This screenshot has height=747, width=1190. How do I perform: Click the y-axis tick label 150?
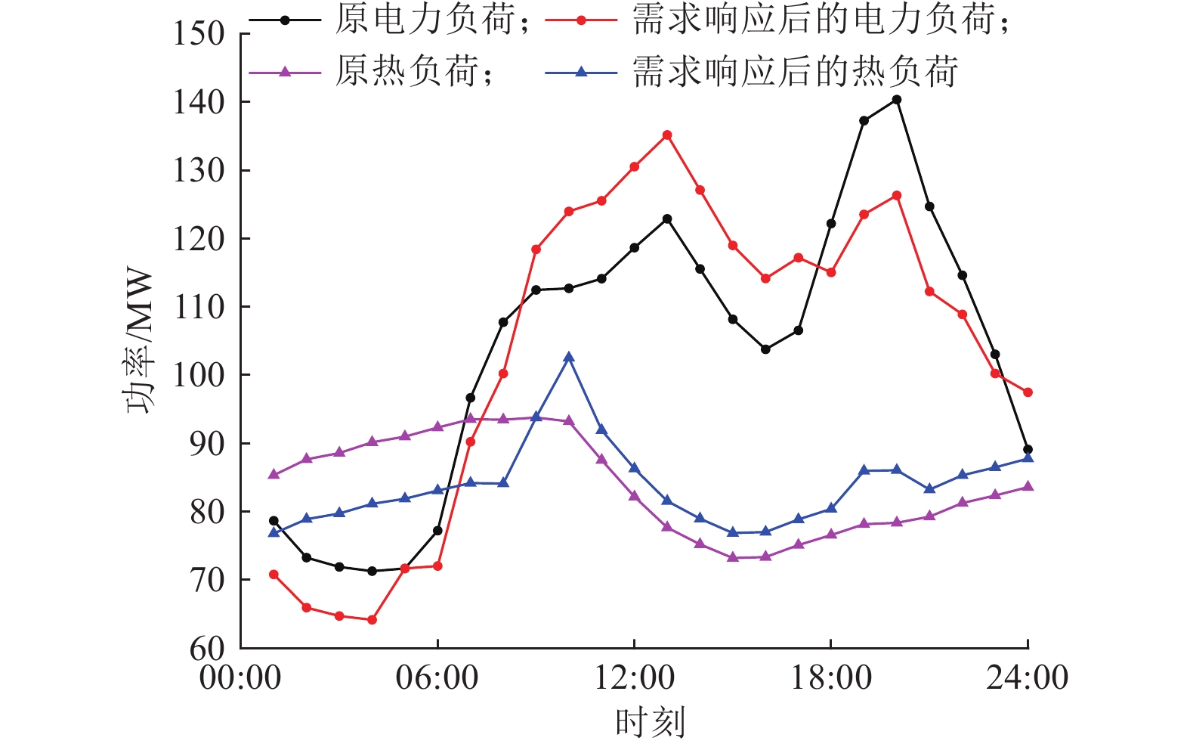point(199,34)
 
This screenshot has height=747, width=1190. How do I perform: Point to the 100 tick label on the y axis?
point(199,375)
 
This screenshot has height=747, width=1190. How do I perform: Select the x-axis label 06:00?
point(437,677)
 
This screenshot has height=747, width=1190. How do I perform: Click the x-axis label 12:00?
point(634,677)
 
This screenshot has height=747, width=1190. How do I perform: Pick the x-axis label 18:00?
point(830,677)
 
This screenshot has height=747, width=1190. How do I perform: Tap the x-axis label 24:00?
point(1028,677)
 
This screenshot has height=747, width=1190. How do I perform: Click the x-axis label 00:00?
point(240,677)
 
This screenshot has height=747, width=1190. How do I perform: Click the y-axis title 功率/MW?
point(140,341)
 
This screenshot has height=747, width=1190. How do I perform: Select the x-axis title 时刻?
point(650,722)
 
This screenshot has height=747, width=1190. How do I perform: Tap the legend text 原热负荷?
point(409,72)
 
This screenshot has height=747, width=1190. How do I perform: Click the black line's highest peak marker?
point(897,100)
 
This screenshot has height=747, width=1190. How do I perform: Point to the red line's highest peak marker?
point(667,135)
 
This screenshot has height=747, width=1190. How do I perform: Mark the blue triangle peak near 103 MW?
point(569,357)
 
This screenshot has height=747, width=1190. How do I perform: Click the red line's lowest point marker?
point(372,620)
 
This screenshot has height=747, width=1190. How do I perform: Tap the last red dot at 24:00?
point(1028,392)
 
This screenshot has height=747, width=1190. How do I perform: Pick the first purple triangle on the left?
point(274,475)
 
